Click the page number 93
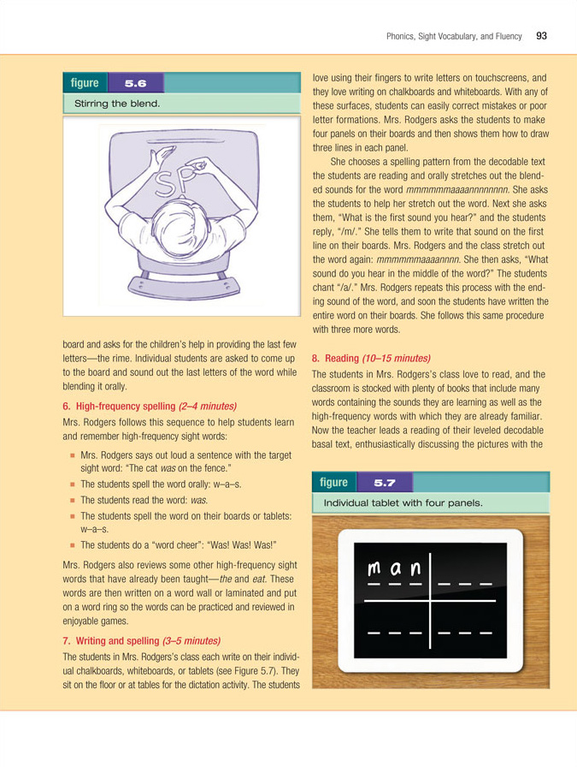click(542, 36)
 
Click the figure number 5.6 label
click(136, 83)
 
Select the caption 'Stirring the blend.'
click(118, 104)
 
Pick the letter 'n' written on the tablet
click(415, 569)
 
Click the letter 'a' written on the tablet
click(396, 569)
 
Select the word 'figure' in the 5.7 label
click(333, 482)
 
